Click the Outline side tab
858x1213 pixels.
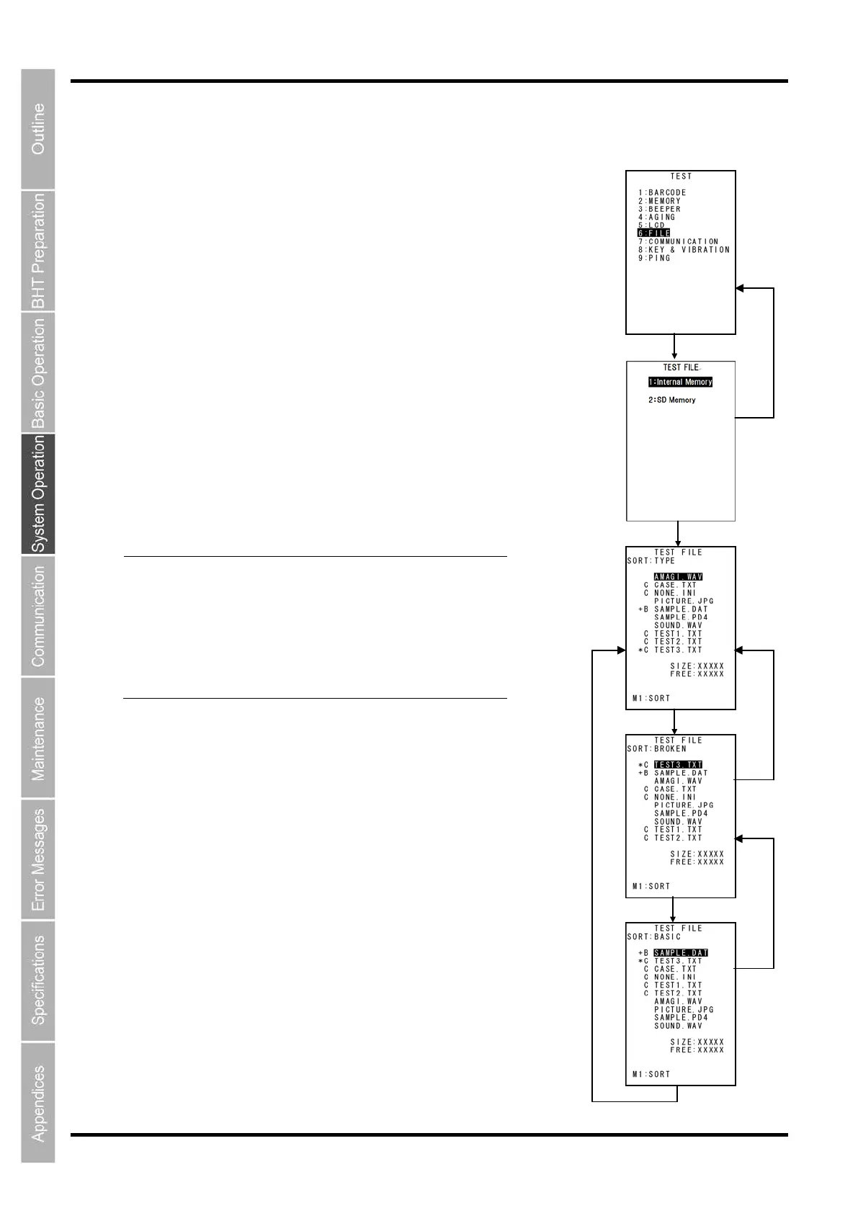click(x=38, y=129)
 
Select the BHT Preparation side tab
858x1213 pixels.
click(x=38, y=251)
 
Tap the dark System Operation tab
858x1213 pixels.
click(x=38, y=494)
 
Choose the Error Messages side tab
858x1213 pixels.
click(x=38, y=859)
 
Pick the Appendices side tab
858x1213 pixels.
click(x=38, y=1103)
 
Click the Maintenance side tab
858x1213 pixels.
click(x=38, y=738)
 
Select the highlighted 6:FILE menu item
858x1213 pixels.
click(x=654, y=233)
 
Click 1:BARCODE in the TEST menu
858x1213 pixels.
click(x=662, y=192)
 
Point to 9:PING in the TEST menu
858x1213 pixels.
click(x=654, y=258)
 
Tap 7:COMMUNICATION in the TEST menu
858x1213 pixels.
click(x=678, y=241)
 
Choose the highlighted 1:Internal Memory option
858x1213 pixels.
click(x=680, y=382)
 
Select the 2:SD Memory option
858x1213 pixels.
click(x=672, y=400)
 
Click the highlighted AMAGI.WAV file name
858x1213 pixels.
click(x=678, y=577)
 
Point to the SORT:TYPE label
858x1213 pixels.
click(x=651, y=560)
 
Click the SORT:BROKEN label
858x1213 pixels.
click(x=656, y=748)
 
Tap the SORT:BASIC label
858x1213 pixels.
click(x=653, y=936)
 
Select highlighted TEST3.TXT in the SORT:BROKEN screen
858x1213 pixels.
click(x=678, y=765)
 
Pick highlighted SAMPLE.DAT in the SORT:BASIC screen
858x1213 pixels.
click(x=681, y=953)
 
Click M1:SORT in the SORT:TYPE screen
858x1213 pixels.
click(x=651, y=698)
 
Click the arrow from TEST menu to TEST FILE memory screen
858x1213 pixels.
click(x=674, y=346)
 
